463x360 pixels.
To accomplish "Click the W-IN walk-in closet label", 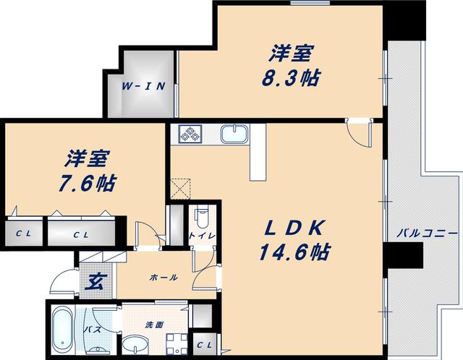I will pyautogui.click(x=143, y=87).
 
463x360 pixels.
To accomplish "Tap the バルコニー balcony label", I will pyautogui.click(x=426, y=234).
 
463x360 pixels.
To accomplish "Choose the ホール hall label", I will pyautogui.click(x=163, y=277).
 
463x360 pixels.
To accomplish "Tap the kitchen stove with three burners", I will pyautogui.click(x=190, y=134).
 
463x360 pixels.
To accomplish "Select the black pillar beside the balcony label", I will pyautogui.click(x=402, y=254).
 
